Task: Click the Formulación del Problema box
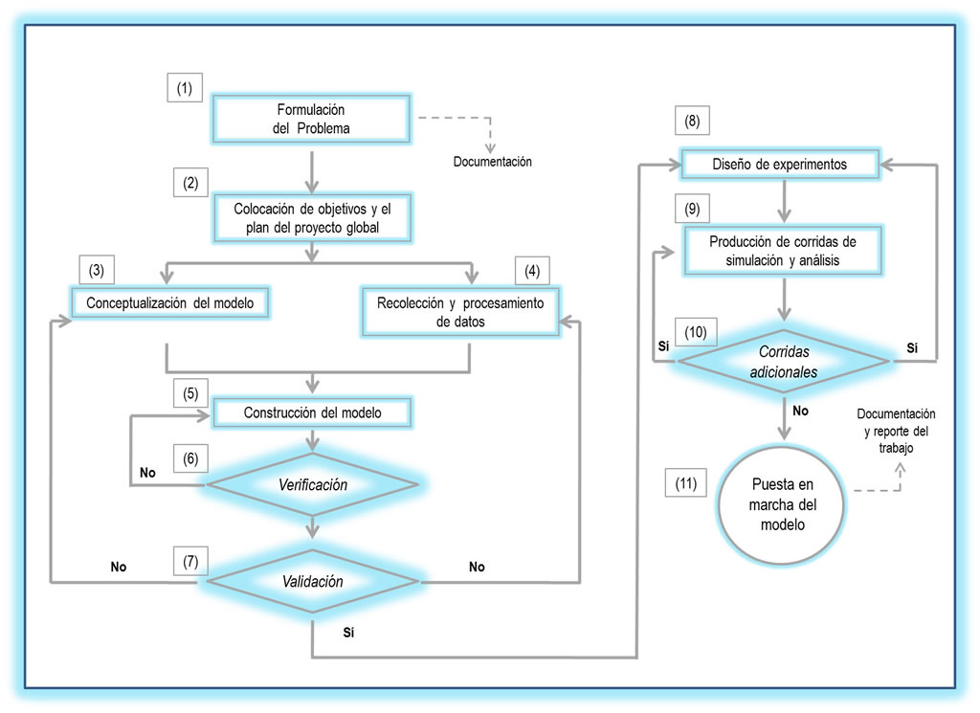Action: tap(310, 119)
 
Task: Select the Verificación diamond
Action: tap(312, 485)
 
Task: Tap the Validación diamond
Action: tap(312, 581)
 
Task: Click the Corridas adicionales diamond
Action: tap(783, 360)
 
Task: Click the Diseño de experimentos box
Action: tap(779, 165)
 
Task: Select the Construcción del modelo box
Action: tap(312, 413)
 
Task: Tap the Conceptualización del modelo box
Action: tap(170, 303)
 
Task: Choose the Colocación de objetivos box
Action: tap(312, 219)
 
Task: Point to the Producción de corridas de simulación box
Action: tap(783, 251)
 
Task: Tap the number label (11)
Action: tap(684, 484)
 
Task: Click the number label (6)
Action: tap(191, 458)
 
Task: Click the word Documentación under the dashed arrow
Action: tap(492, 162)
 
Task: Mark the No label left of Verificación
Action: tap(147, 473)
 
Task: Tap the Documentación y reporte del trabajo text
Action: tap(896, 431)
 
